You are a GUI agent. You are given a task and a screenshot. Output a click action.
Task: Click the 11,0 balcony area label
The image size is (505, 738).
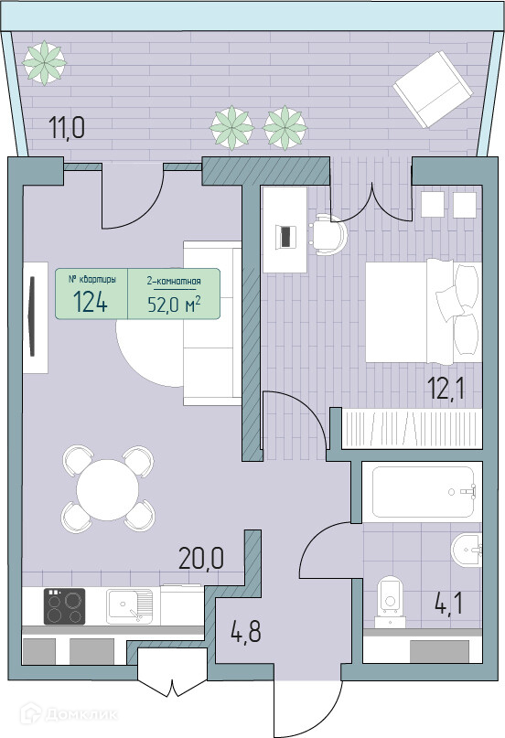[67, 128]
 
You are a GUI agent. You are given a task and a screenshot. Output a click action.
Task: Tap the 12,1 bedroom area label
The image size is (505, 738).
[446, 390]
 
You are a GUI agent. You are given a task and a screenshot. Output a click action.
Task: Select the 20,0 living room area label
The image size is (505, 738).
[201, 558]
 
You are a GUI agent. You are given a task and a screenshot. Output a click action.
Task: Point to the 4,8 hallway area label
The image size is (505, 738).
[245, 631]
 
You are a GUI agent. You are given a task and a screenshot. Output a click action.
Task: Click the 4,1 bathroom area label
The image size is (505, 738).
[448, 604]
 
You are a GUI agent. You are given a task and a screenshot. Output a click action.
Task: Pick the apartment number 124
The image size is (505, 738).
[91, 302]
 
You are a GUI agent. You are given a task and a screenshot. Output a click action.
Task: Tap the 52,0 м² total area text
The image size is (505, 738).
[174, 305]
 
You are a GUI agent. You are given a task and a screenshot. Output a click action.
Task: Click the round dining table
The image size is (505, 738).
[108, 490]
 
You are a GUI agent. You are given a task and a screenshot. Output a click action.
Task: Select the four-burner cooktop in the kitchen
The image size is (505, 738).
[64, 606]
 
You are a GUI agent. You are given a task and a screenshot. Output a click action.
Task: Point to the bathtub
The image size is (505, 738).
[422, 492]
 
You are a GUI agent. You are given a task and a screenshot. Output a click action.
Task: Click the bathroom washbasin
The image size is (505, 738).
[467, 550]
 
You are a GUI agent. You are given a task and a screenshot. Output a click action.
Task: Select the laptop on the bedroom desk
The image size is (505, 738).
[285, 236]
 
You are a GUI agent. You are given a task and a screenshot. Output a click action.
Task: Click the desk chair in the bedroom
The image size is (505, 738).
[328, 234]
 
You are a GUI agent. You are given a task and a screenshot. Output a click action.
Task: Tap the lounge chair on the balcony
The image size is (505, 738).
[433, 89]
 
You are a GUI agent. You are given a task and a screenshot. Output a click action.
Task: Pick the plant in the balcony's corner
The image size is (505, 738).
[44, 62]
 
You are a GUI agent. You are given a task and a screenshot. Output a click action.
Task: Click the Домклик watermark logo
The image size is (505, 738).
[69, 714]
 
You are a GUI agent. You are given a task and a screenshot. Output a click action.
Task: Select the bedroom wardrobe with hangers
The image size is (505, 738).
[413, 428]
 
